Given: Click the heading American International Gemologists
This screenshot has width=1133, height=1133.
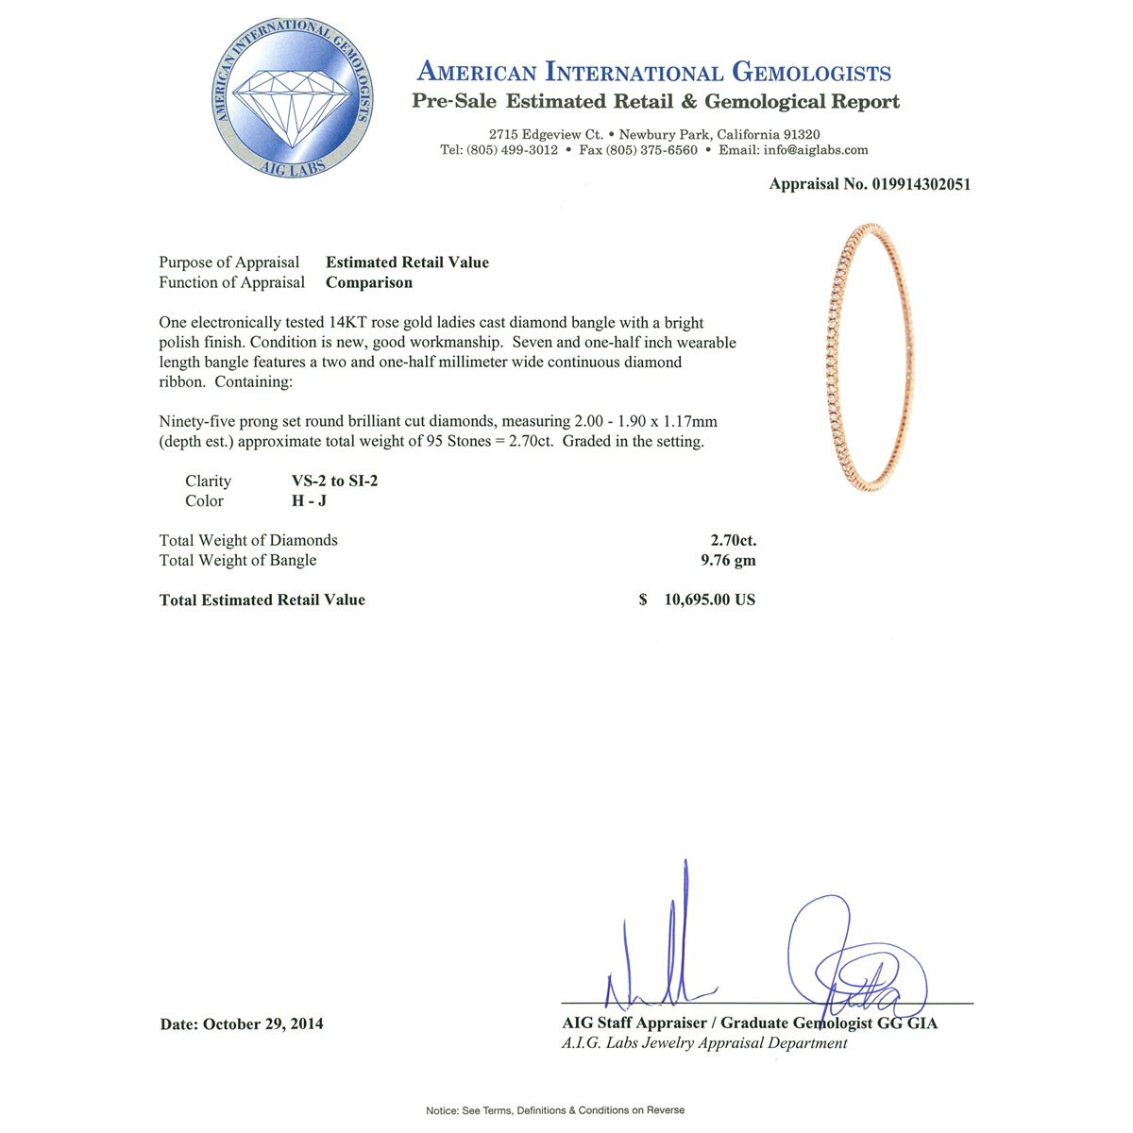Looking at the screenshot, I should pos(653,72).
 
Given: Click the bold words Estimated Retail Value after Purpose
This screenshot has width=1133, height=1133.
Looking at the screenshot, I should pos(407,262).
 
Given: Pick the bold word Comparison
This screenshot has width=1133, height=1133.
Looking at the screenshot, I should pos(369,282).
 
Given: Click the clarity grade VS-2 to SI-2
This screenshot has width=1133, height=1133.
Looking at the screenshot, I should pos(335,481).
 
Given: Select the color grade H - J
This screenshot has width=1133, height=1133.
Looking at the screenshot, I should pos(310,501).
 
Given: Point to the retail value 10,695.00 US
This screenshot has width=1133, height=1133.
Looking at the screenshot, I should pos(709,600).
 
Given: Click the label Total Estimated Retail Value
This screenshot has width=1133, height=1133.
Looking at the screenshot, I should pos(262,600).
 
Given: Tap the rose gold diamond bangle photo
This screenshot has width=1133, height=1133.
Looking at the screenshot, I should pos(867,358).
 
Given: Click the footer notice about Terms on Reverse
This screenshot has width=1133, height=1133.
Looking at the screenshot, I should pos(555,1110).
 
